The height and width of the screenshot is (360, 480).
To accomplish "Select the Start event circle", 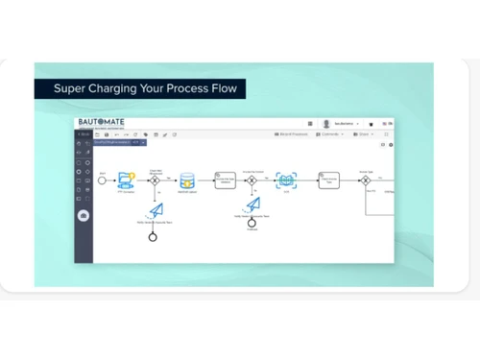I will tap(103, 180).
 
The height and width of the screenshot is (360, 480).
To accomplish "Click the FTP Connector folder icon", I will tap(126, 180).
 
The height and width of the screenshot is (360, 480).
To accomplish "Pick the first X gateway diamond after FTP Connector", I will tap(155, 180).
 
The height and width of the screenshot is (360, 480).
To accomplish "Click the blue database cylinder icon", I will tap(188, 180).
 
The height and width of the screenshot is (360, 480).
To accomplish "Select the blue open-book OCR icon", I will tap(286, 180).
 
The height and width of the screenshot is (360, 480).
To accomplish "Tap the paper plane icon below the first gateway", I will tap(156, 208).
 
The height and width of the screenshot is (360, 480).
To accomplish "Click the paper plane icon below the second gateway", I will tap(252, 204).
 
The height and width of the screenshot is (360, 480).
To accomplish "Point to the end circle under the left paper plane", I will tap(153, 236).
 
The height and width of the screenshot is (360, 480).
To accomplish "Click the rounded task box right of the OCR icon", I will tap(329, 180).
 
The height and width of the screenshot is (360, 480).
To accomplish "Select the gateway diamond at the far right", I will tap(366, 180).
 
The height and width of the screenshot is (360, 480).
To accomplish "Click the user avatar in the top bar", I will tap(326, 124).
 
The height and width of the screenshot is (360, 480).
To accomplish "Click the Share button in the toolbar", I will tap(362, 134).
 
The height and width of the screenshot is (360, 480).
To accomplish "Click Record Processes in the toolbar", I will tap(291, 134).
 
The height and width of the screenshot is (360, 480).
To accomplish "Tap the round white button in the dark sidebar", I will tap(84, 215).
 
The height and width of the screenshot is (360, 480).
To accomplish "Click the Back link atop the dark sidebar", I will tap(84, 134).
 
